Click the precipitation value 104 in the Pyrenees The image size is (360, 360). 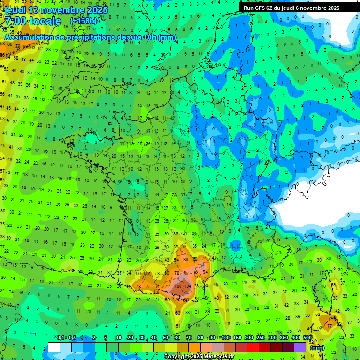(188, 286)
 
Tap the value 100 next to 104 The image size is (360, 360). (179, 286)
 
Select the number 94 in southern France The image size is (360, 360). (204, 272)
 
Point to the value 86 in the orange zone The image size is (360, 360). (186, 259)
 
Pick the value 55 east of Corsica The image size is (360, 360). (334, 285)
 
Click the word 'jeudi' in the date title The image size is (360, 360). (15, 10)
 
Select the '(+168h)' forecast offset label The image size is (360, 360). (83, 21)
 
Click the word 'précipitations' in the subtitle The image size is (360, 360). (80, 37)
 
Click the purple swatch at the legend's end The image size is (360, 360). (300, 347)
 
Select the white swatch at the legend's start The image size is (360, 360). (54, 347)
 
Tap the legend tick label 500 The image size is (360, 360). (307, 338)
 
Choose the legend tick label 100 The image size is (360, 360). (225, 338)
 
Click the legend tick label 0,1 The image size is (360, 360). (60, 338)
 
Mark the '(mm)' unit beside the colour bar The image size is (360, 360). (317, 348)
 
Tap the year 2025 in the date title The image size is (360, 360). (97, 10)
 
